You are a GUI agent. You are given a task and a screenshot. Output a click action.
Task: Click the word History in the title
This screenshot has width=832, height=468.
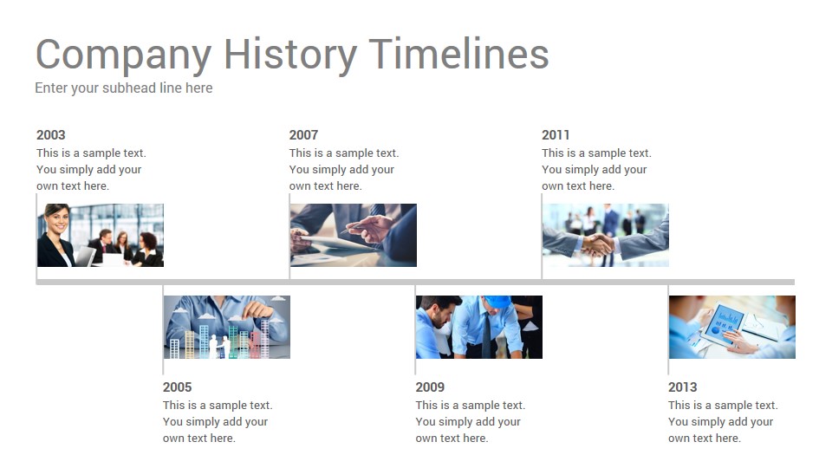click(289, 55)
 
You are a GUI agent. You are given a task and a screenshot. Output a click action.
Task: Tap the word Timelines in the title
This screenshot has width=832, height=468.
click(458, 54)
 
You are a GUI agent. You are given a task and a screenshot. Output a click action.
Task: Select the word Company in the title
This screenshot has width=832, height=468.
click(124, 55)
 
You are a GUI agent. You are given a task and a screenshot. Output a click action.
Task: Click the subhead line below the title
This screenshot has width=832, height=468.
click(124, 88)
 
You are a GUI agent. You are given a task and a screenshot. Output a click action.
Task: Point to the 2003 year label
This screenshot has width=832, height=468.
click(51, 135)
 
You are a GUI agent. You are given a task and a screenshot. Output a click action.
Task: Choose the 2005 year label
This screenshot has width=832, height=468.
click(177, 387)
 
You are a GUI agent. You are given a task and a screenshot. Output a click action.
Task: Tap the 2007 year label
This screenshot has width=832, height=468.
click(303, 135)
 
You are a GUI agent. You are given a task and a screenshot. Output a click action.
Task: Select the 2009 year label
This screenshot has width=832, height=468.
click(430, 387)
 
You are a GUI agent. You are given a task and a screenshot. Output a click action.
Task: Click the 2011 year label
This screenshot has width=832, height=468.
click(556, 135)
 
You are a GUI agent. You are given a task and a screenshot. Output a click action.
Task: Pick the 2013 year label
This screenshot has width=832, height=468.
click(682, 387)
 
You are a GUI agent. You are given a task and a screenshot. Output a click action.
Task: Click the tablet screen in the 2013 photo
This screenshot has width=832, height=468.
click(723, 320)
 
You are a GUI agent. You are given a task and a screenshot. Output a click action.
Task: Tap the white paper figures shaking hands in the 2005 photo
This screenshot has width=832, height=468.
click(218, 346)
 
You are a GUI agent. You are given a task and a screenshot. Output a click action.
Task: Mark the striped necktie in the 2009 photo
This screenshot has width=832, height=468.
click(486, 335)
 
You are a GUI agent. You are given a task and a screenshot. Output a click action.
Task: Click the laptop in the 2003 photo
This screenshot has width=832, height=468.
click(86, 257)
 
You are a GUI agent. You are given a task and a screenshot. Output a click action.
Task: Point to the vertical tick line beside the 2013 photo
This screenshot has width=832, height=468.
click(668, 329)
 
